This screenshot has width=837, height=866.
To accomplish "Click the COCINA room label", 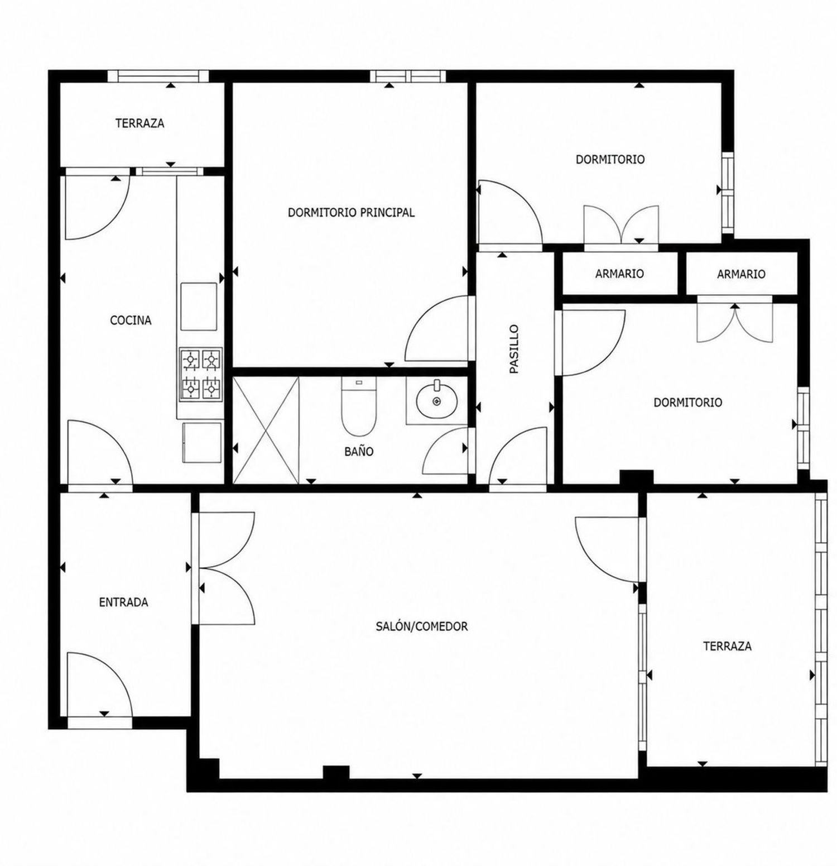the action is [131, 320].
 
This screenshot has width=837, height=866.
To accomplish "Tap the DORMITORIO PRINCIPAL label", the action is [351, 213].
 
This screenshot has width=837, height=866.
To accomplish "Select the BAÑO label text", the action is [359, 451].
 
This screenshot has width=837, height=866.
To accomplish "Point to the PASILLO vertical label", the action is [514, 350].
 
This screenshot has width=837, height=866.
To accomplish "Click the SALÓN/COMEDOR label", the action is [422, 626].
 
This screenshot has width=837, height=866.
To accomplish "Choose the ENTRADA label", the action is [123, 602].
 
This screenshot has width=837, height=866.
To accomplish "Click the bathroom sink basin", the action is [436, 399].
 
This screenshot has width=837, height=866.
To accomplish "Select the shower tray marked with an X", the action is [266, 430].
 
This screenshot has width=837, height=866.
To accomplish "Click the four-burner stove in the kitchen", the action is [200, 374].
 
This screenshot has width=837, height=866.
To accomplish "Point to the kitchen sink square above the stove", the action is [199, 307].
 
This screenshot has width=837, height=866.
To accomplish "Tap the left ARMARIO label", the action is [619, 274].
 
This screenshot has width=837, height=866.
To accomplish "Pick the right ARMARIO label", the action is [741, 274].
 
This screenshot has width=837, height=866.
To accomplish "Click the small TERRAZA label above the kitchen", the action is [140, 123].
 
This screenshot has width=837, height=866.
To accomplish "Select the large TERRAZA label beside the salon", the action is [727, 647].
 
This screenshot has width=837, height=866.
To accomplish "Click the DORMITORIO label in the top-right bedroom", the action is [610, 160].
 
